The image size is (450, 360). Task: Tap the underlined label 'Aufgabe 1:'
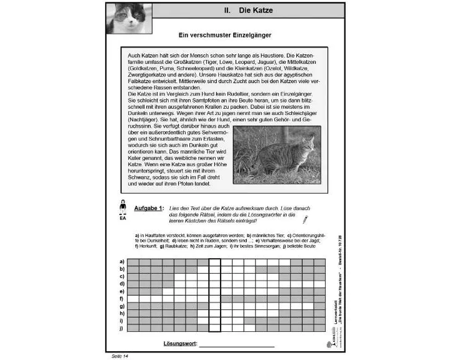click(x=149, y=208)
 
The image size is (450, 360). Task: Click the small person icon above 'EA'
click(x=122, y=206)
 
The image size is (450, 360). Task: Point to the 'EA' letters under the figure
click(x=122, y=219)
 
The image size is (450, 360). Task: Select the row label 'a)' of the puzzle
click(x=122, y=261)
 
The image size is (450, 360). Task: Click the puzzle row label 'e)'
click(x=122, y=291)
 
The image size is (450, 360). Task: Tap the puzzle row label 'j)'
click(x=122, y=328)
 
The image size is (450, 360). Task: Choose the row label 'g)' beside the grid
click(x=122, y=306)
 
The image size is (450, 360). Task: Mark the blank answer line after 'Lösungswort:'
click(x=237, y=346)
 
